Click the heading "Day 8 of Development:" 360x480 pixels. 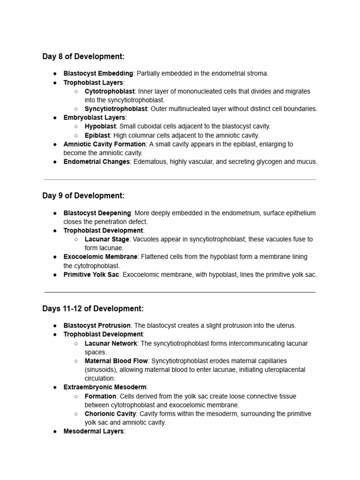point(83,57)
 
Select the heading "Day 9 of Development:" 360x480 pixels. point(83,195)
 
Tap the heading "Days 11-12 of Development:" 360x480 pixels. point(93,308)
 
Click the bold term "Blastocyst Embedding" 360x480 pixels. point(98,74)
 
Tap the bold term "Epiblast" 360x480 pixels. point(97,135)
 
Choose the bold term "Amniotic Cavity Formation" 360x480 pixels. point(105,144)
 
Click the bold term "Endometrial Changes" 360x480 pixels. point(97,162)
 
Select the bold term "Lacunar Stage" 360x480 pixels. point(107,240)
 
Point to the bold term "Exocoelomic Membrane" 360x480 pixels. point(100,257)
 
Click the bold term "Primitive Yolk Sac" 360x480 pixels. point(91,275)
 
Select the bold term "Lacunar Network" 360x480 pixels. point(111,344)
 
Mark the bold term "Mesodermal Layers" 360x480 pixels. point(94,431)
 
